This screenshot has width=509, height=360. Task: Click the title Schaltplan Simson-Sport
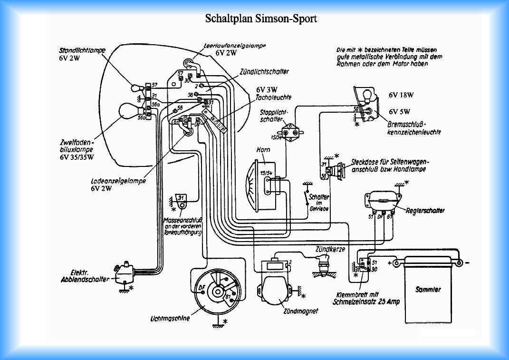click(x=260, y=19)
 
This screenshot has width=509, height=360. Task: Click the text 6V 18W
click(x=401, y=95)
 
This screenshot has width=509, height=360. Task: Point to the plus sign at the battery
click(x=390, y=262)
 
